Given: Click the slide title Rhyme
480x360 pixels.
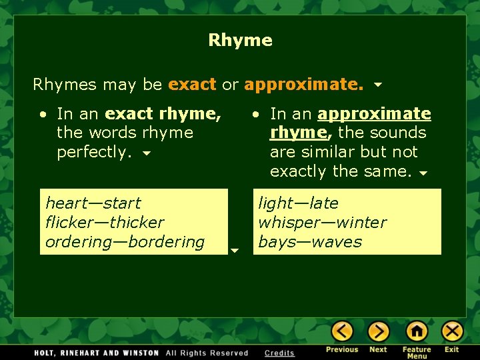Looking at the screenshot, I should point(240,40).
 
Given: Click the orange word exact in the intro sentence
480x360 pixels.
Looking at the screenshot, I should point(192,85).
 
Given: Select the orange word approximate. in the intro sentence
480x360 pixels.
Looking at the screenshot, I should point(304,85).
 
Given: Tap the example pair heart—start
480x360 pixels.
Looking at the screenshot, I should point(93,203).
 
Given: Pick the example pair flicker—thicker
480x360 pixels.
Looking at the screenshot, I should point(105,222).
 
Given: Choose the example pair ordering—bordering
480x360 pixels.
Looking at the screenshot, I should point(125,241).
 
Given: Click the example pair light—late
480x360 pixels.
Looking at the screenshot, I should point(298,203).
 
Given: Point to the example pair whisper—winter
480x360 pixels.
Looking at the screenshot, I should point(322,222).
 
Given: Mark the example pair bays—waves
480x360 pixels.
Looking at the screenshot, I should point(310,241).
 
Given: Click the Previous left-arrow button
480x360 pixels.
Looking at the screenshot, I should point(342,331).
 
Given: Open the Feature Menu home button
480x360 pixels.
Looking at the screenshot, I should point(417,331).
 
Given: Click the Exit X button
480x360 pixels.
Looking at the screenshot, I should point(452,331).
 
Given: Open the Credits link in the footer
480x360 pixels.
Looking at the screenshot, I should point(279,353).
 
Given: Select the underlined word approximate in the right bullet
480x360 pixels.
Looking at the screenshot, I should point(375,114).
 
